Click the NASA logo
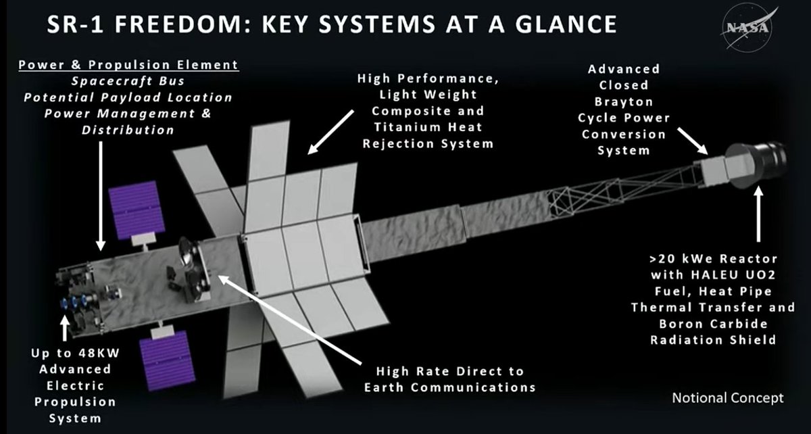click(x=747, y=27)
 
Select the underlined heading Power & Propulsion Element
click(x=128, y=65)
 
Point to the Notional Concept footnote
click(x=727, y=397)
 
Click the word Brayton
click(x=623, y=101)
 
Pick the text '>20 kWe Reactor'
click(x=714, y=259)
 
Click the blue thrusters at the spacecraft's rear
click(x=78, y=305)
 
